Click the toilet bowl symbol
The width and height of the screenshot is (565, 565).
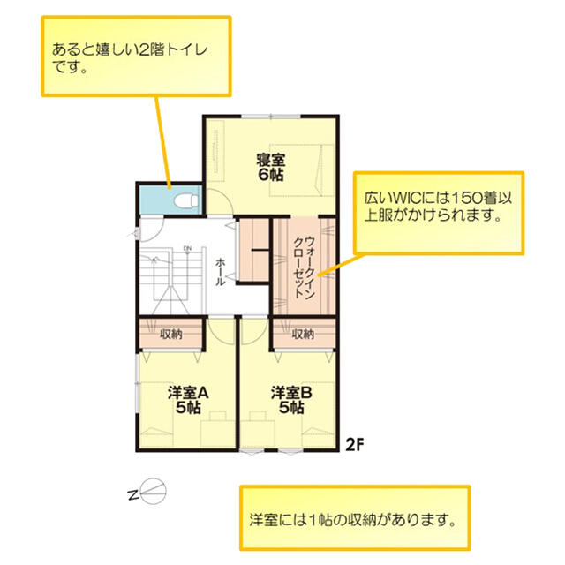coord(186,200)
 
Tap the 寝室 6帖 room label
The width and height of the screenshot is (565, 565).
coord(271,167)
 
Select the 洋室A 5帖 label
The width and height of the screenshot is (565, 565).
coord(188,400)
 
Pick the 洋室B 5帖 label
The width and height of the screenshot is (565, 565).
coord(291,400)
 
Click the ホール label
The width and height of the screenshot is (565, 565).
coord(220,272)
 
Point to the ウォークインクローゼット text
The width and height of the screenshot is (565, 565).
coord(305,267)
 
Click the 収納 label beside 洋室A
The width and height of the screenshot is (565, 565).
coord(171,334)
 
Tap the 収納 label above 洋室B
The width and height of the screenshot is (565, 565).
coord(303,334)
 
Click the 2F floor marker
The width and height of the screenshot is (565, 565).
coord(355,445)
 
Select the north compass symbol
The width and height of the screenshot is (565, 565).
coord(148,492)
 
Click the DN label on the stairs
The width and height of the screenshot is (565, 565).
coord(187,249)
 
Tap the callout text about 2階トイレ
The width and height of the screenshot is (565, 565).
coord(130,57)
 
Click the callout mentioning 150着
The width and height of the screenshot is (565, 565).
coord(438,207)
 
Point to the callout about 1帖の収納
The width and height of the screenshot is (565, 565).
coord(353,520)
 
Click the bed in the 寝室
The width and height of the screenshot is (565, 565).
coord(302,170)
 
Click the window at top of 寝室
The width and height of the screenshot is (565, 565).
coord(271,117)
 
